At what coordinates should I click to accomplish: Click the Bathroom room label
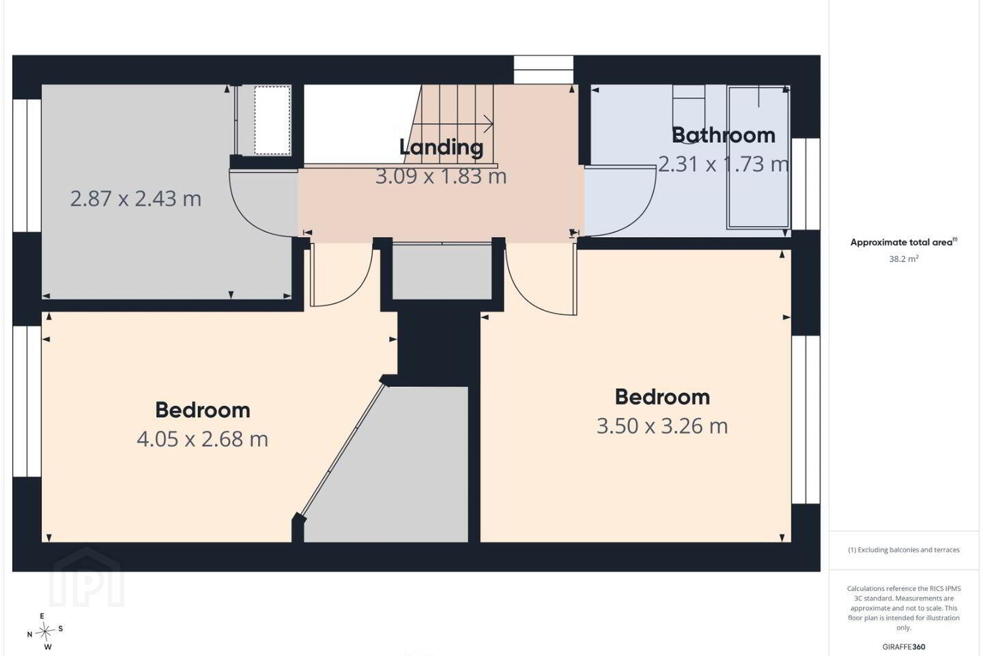click(724, 135)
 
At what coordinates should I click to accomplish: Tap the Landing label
click(442, 148)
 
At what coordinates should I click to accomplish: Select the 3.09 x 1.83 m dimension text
click(441, 176)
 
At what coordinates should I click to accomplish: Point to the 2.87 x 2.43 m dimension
click(136, 199)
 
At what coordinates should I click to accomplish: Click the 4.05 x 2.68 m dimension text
click(202, 439)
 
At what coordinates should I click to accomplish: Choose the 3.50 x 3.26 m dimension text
click(662, 426)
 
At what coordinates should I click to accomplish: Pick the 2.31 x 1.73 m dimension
click(723, 164)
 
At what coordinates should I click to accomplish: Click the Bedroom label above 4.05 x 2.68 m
click(203, 411)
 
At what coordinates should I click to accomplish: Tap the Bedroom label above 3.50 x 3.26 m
click(662, 397)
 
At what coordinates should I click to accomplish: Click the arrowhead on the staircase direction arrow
click(489, 124)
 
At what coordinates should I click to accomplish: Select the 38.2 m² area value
click(904, 259)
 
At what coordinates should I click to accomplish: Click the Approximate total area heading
click(904, 242)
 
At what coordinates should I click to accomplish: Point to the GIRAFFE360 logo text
click(904, 646)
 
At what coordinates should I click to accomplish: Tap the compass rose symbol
click(44, 632)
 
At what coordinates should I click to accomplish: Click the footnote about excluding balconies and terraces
click(904, 549)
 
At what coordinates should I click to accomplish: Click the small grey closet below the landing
click(442, 271)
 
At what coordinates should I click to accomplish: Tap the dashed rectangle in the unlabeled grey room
click(272, 120)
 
